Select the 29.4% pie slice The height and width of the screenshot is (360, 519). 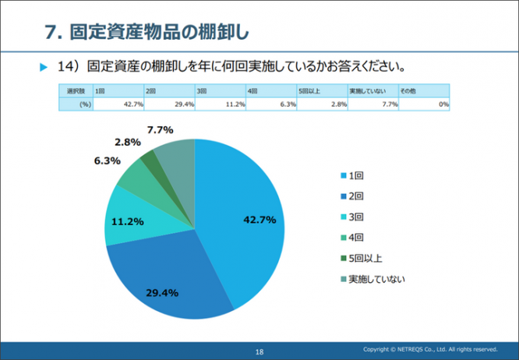168,281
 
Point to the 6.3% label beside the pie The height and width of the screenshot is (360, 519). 107,161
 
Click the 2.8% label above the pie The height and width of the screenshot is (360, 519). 127,143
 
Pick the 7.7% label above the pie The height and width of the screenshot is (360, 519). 160,129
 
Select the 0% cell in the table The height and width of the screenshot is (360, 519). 425,104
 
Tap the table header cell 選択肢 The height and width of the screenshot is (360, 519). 75,91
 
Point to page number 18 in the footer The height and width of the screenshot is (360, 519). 259,352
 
